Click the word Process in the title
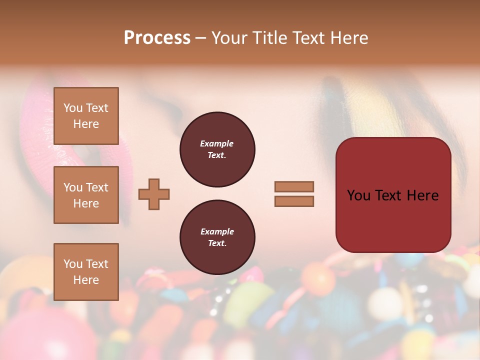pyautogui.click(x=157, y=38)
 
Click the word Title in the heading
pyautogui.click(x=270, y=38)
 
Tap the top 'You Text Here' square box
pyautogui.click(x=86, y=116)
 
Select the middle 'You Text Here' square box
pyautogui.click(x=86, y=195)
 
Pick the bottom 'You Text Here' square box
pyautogui.click(x=86, y=272)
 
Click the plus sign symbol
pyautogui.click(x=154, y=194)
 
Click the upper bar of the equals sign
pyautogui.click(x=294, y=186)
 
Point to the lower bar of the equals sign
pyautogui.click(x=294, y=201)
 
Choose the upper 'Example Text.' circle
pyautogui.click(x=217, y=149)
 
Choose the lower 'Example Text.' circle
pyautogui.click(x=217, y=237)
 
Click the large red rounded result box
pyautogui.click(x=393, y=220)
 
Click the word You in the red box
pyautogui.click(x=358, y=195)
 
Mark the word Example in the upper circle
pyautogui.click(x=217, y=143)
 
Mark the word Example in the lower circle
pyautogui.click(x=217, y=231)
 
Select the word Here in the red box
pyautogui.click(x=422, y=195)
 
